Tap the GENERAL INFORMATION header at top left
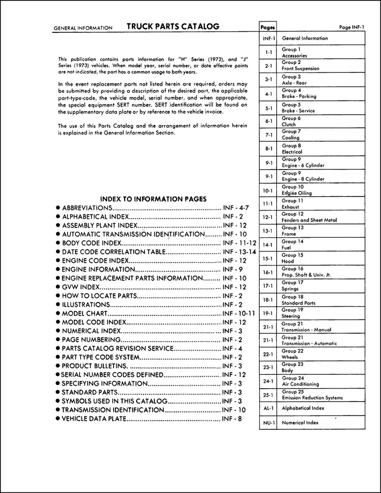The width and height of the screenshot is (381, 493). [x=83, y=28]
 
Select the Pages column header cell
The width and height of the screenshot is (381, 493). [x=268, y=27]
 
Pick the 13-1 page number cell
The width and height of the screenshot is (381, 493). [x=268, y=231]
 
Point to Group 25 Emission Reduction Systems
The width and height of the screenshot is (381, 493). [x=312, y=394]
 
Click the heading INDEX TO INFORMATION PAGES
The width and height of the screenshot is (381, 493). [x=153, y=199]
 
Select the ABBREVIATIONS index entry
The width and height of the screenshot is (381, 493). [x=87, y=208]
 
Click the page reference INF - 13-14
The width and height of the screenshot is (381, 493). [x=239, y=252]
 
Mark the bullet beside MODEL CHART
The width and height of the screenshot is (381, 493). [x=58, y=314]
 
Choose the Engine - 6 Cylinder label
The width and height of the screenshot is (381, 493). [x=303, y=165]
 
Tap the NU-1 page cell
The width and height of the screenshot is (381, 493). [x=268, y=423]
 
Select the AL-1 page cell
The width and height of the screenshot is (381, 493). [x=268, y=408]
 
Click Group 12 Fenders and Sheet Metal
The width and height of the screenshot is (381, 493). [x=309, y=217]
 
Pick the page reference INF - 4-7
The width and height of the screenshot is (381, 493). [x=235, y=208]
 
